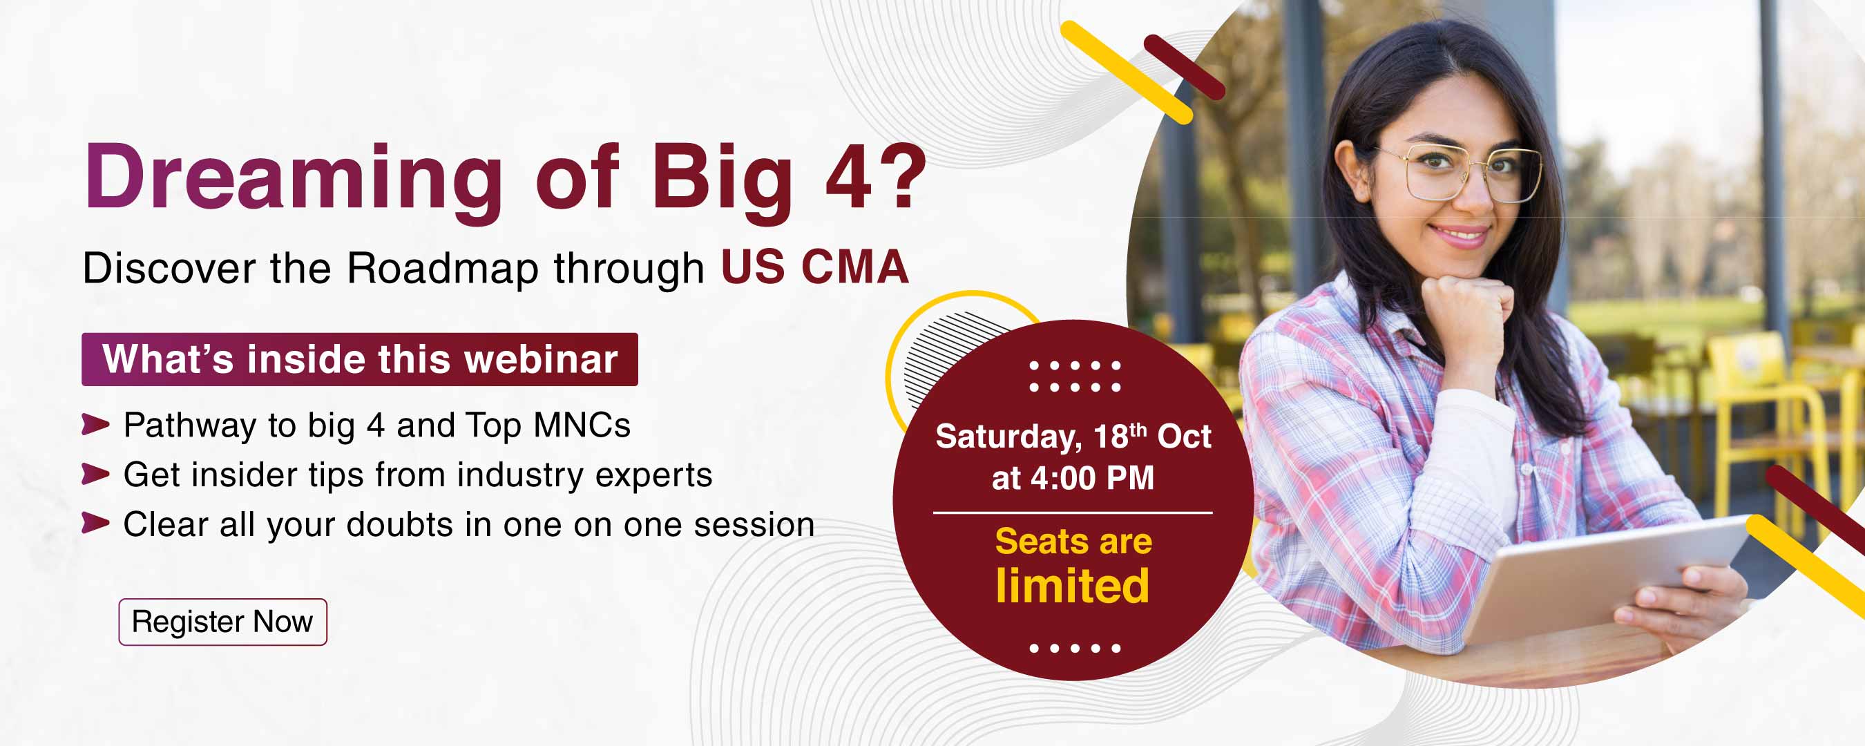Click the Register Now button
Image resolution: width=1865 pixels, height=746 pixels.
pyautogui.click(x=223, y=622)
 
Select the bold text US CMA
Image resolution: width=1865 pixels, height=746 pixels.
pyautogui.click(x=814, y=267)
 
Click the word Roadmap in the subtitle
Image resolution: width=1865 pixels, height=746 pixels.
pyautogui.click(x=443, y=268)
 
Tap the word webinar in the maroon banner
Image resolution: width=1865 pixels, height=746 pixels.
pyautogui.click(x=541, y=359)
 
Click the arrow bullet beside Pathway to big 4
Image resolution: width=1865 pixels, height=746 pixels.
pyautogui.click(x=95, y=424)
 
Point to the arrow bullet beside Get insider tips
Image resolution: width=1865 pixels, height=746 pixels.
pyautogui.click(x=95, y=475)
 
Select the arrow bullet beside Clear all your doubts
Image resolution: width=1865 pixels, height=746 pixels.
pyautogui.click(x=95, y=523)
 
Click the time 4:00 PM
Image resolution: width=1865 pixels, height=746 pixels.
pyautogui.click(x=1092, y=478)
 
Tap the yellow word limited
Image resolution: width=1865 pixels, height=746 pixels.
pyautogui.click(x=1072, y=585)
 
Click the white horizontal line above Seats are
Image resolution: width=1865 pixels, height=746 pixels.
pyautogui.click(x=1073, y=513)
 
